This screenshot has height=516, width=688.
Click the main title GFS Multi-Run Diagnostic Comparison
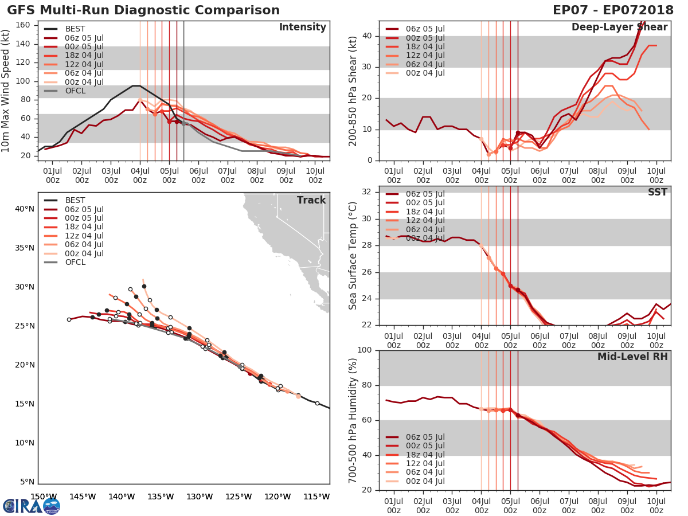(143, 10)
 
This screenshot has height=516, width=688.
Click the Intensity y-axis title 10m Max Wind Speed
(6, 92)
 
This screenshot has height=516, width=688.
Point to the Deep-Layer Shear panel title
(619, 28)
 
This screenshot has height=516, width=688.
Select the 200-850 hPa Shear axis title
(353, 92)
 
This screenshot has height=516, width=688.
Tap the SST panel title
(658, 192)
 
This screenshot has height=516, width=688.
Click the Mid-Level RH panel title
(632, 357)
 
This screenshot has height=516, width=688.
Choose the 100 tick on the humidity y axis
(365, 350)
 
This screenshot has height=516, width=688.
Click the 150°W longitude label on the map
(44, 497)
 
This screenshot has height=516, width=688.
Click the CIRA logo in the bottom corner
(32, 506)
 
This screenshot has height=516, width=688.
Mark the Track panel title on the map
(311, 200)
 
